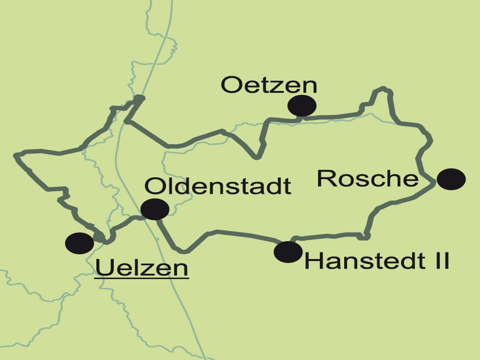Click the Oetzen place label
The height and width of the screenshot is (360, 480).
269,85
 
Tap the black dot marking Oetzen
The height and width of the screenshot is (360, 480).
302,106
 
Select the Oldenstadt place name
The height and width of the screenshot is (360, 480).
218,186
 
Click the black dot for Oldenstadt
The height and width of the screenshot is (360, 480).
155,209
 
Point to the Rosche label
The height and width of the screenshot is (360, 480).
367,178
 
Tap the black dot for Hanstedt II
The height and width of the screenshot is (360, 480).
288,252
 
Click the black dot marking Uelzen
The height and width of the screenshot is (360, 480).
79,243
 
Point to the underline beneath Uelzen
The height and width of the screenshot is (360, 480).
142,277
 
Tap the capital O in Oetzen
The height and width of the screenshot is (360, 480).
231,85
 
